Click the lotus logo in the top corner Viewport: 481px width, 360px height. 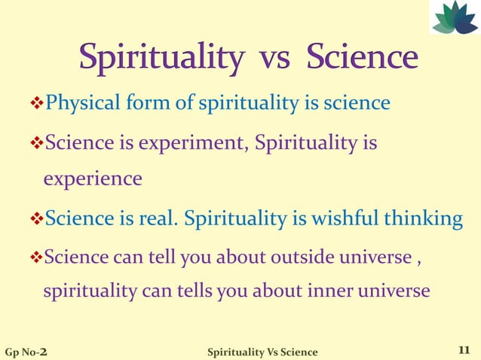(x=455, y=17)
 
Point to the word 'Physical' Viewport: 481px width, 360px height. (x=79, y=102)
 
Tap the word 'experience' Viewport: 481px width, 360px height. (x=92, y=179)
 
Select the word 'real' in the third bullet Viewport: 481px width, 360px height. (x=161, y=219)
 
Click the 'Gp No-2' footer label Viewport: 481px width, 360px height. (x=29, y=352)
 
